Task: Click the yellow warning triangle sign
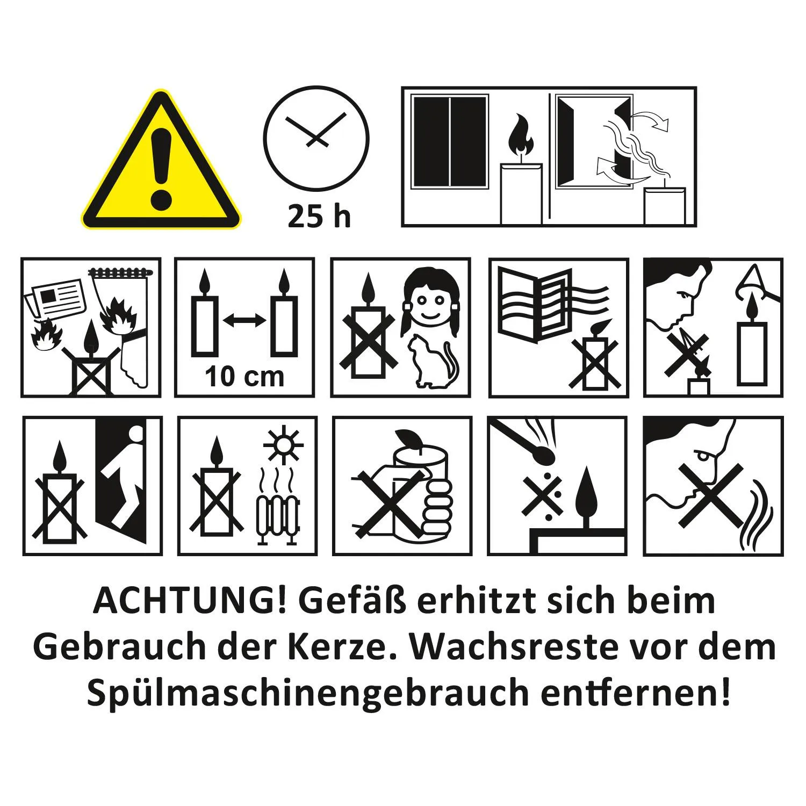[161, 167]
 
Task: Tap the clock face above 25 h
[316, 139]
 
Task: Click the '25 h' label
[319, 217]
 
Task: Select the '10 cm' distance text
[244, 376]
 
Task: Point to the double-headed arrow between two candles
[244, 321]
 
